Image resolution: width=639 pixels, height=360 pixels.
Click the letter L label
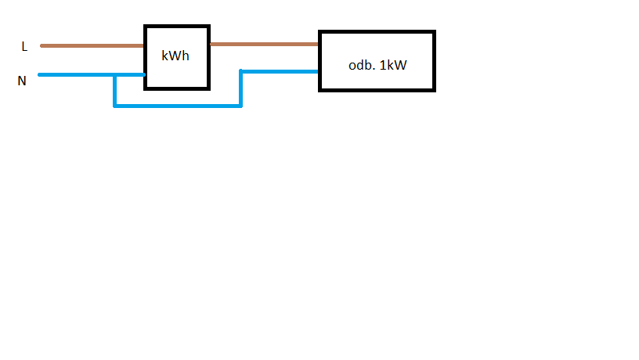24,47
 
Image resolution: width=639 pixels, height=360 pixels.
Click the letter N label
23,80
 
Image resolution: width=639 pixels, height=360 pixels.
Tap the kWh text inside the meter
175,56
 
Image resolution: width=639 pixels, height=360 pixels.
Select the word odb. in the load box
362,65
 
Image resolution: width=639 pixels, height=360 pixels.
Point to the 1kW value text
394,65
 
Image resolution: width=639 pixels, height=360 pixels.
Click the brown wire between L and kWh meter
92,45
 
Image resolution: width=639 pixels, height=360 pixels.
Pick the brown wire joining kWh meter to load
264,45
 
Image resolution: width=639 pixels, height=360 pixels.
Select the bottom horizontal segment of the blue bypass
178,105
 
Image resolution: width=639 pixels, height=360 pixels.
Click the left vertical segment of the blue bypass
115,91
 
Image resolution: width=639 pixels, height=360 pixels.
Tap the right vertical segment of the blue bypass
240,88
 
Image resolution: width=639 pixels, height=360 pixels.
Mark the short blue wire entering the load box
280,71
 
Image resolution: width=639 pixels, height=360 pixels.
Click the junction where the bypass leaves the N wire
115,75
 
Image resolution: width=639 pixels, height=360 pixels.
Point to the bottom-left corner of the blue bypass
115,105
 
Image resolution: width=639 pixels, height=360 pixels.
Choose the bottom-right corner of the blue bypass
240,105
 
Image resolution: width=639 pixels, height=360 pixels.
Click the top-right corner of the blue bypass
241,71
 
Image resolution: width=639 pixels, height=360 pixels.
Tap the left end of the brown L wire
42,45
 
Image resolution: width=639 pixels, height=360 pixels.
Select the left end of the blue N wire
40,75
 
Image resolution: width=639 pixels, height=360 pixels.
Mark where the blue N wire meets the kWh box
144,75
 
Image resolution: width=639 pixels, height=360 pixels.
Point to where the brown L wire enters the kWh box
144,45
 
